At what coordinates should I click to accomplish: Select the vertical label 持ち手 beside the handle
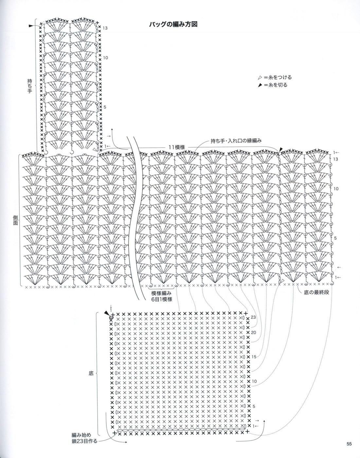pyautogui.click(x=29, y=86)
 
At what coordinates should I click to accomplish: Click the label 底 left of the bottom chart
pyautogui.click(x=91, y=373)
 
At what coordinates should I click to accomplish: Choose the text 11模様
pyautogui.click(x=177, y=147)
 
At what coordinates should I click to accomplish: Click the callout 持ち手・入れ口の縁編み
pyautogui.click(x=236, y=141)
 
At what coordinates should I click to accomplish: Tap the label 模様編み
pyautogui.click(x=162, y=293)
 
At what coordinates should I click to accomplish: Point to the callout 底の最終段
pyautogui.click(x=316, y=292)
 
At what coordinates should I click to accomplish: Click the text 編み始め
pyautogui.click(x=81, y=435)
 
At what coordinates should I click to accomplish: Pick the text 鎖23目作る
pyautogui.click(x=84, y=441)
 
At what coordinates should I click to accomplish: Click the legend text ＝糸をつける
pyautogui.click(x=278, y=78)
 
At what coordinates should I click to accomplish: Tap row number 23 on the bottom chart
pyautogui.click(x=253, y=317)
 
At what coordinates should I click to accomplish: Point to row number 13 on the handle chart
pyautogui.click(x=105, y=28)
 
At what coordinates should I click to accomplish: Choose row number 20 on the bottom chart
pyautogui.click(x=253, y=332)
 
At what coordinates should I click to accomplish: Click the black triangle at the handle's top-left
pyautogui.click(x=31, y=26)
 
